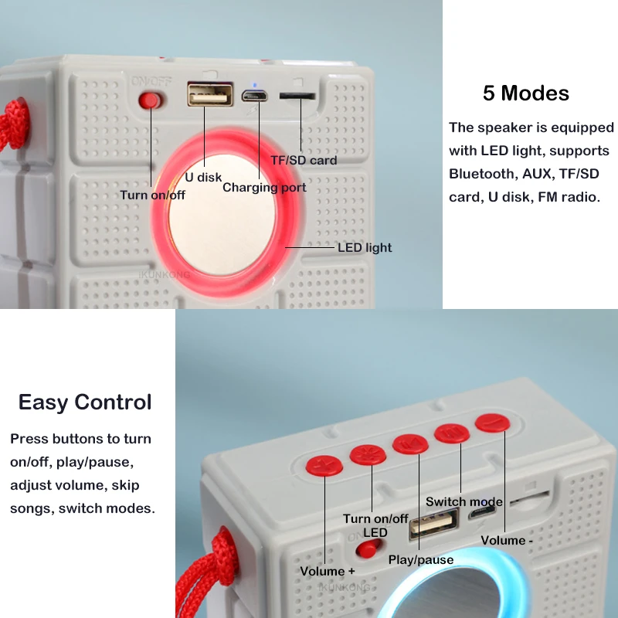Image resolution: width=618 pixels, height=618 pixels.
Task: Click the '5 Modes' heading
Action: pyautogui.click(x=525, y=93)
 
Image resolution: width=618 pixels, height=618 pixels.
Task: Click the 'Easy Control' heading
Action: pyautogui.click(x=85, y=402)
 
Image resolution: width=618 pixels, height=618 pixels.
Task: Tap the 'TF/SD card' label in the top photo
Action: pyautogui.click(x=304, y=160)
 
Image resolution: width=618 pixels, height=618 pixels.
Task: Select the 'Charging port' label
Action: pyautogui.click(x=264, y=187)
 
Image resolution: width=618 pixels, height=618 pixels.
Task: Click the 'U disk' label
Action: pyautogui.click(x=203, y=177)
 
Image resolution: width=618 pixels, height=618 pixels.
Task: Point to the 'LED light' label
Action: pyautogui.click(x=365, y=247)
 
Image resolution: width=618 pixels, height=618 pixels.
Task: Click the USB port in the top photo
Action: pyautogui.click(x=210, y=94)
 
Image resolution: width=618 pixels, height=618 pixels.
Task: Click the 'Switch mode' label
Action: pyautogui.click(x=464, y=501)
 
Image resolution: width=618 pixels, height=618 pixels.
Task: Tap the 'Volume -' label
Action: pyautogui.click(x=507, y=540)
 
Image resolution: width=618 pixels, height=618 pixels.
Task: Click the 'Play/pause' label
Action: pyautogui.click(x=421, y=559)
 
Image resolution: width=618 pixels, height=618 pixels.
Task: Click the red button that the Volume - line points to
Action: pyautogui.click(x=492, y=423)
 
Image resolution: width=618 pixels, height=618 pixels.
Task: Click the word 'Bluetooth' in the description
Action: pyautogui.click(x=484, y=174)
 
